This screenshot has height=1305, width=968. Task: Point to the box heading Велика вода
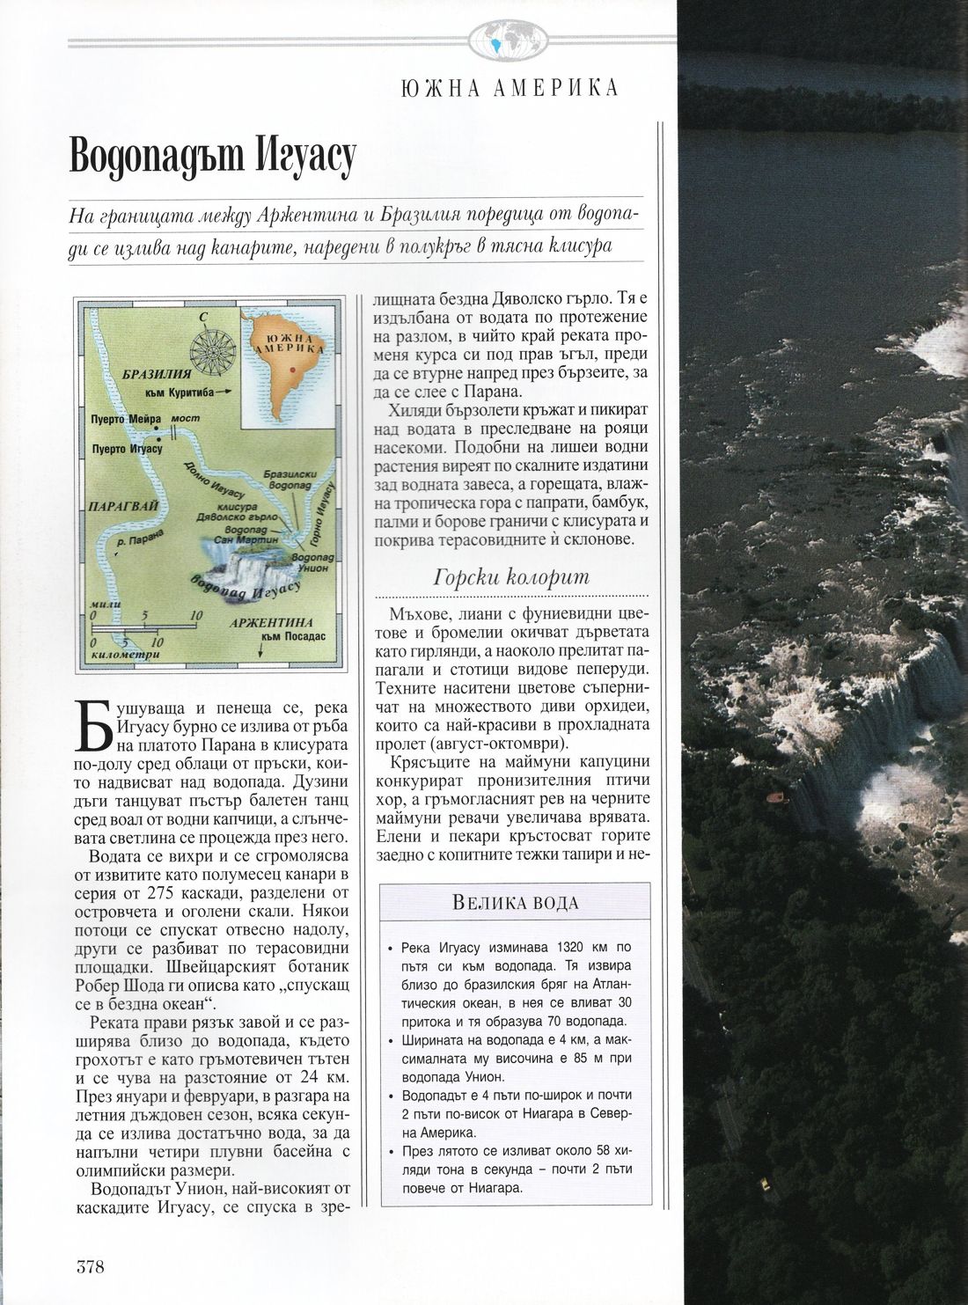[515, 903]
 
